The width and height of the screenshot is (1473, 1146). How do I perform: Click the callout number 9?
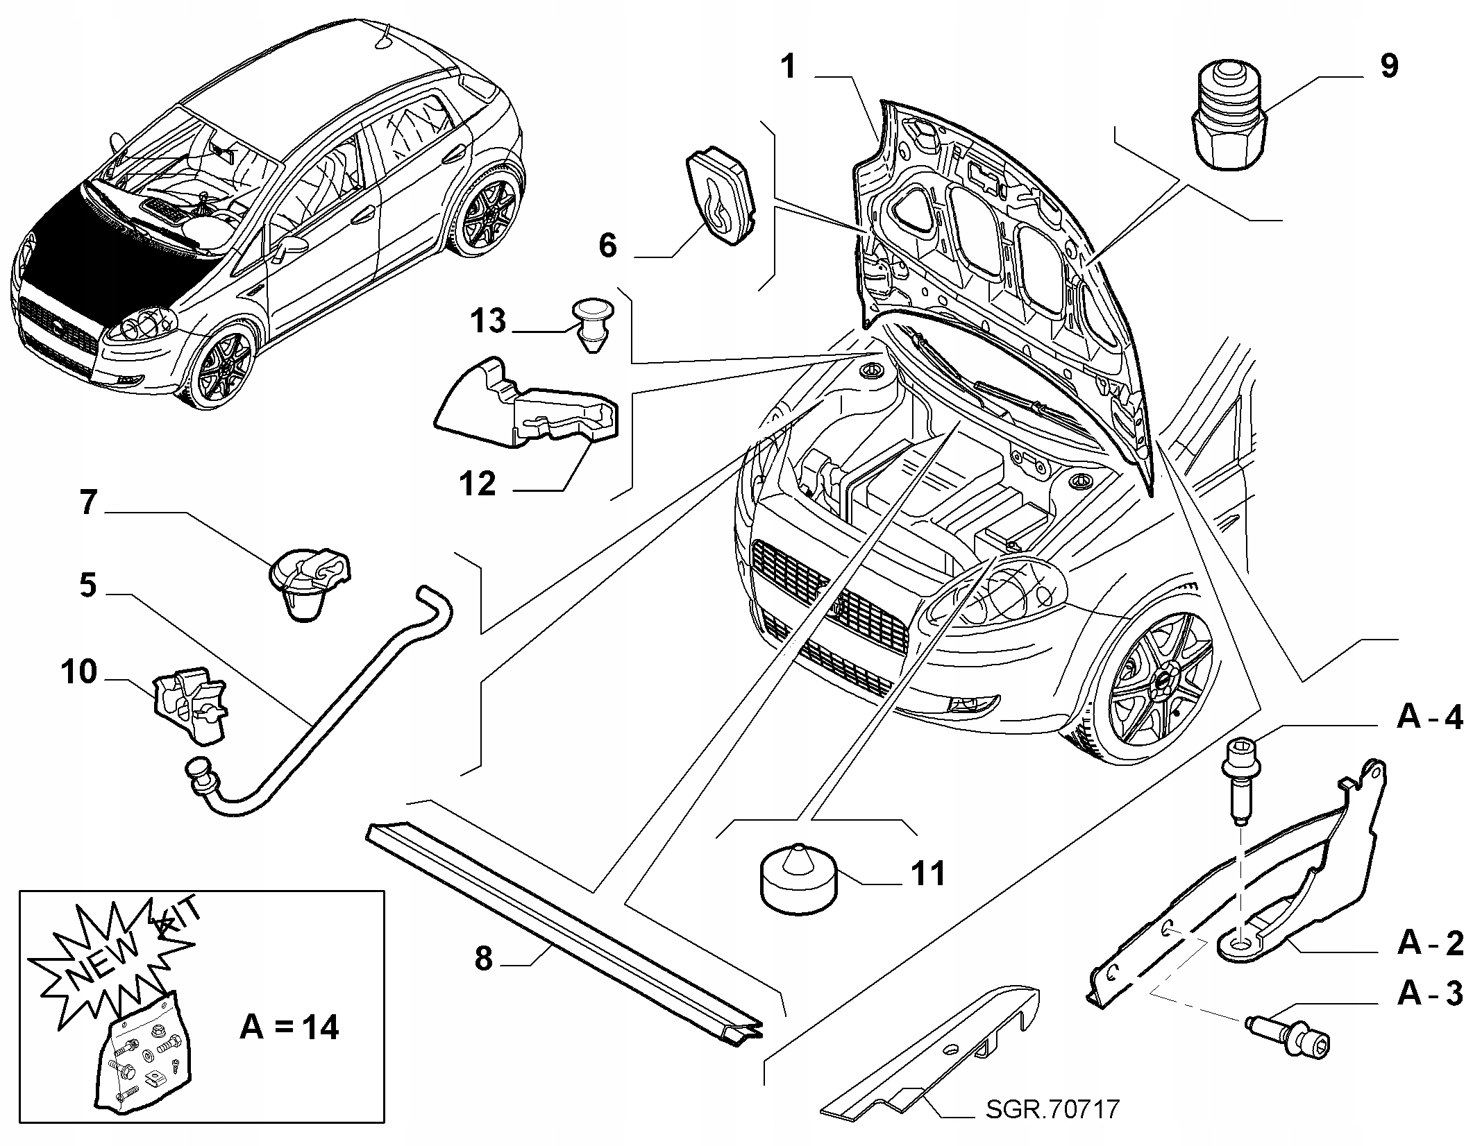(x=1388, y=67)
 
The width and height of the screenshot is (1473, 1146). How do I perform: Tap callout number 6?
(x=607, y=246)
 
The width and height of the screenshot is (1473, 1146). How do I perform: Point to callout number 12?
(x=478, y=484)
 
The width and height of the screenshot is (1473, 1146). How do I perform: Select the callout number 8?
(x=484, y=959)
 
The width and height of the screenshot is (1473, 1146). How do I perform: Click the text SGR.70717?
(x=1052, y=1109)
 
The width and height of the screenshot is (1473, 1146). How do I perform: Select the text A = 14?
(x=289, y=1027)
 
